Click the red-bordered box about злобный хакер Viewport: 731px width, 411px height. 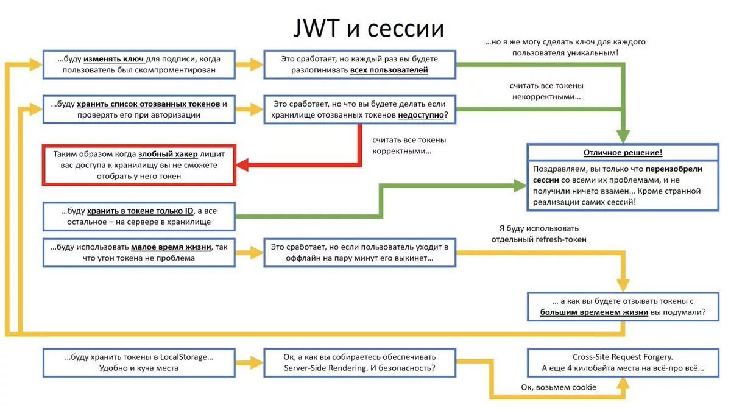tap(139, 165)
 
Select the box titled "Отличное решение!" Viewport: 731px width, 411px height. tap(623, 177)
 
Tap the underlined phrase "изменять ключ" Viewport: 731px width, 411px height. tap(113, 59)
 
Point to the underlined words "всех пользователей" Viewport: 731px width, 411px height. tap(389, 70)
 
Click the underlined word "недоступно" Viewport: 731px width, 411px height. tap(422, 114)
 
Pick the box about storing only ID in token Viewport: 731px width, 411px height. tap(139, 216)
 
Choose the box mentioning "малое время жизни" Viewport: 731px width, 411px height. tap(139, 252)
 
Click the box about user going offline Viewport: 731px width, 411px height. tap(359, 252)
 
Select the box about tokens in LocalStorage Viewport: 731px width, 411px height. tap(139, 362)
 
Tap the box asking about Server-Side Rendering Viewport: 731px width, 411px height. tap(359, 362)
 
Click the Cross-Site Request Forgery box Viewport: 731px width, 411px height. tap(623, 362)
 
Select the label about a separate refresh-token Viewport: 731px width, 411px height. tap(539, 234)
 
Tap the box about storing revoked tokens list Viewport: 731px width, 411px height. tap(139, 110)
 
